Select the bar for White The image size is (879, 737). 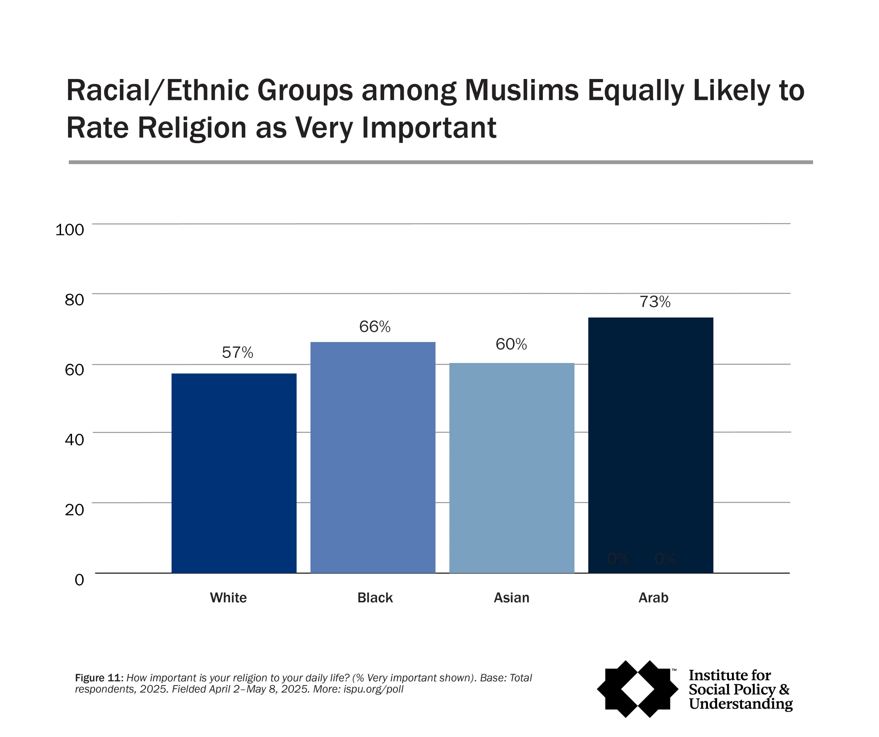pyautogui.click(x=234, y=473)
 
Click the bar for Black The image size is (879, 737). pyautogui.click(x=373, y=457)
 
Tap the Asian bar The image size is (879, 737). pyautogui.click(x=512, y=468)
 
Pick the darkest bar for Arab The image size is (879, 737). pyautogui.click(x=650, y=445)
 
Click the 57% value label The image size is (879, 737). pyautogui.click(x=237, y=353)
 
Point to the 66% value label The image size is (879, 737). pyautogui.click(x=375, y=327)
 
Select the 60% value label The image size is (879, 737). pyautogui.click(x=511, y=344)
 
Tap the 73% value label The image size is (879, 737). pyautogui.click(x=655, y=302)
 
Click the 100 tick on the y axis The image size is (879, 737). pyautogui.click(x=69, y=229)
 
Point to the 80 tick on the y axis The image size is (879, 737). pyautogui.click(x=74, y=300)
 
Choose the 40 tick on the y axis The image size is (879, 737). pyautogui.click(x=74, y=440)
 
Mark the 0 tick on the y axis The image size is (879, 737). pyautogui.click(x=79, y=580)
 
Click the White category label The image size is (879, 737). pyautogui.click(x=228, y=598)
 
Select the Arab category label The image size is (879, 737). pyautogui.click(x=653, y=598)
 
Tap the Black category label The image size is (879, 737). pyautogui.click(x=375, y=598)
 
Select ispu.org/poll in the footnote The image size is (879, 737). pyautogui.click(x=373, y=689)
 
